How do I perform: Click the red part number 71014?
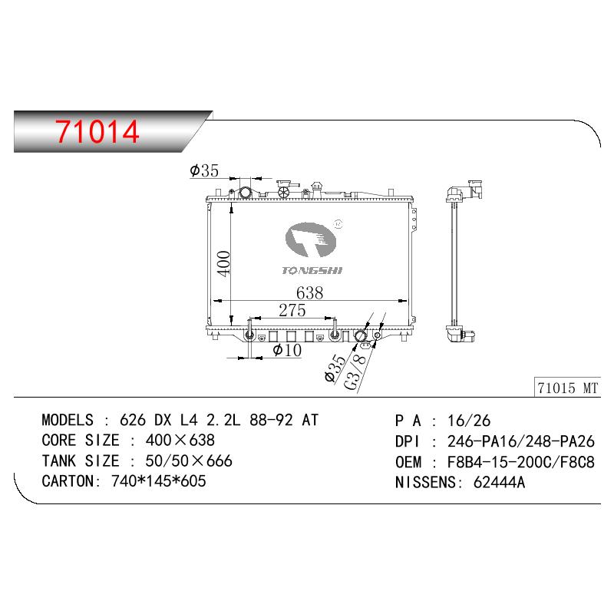(97, 131)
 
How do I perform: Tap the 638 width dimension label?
(309, 293)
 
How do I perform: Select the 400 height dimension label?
(224, 264)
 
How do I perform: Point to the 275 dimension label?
(292, 311)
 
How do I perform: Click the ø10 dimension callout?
(287, 350)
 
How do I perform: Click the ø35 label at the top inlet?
(204, 170)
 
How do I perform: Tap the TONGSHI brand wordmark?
(312, 270)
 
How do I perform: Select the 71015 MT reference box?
(567, 388)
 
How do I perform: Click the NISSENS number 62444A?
(499, 482)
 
